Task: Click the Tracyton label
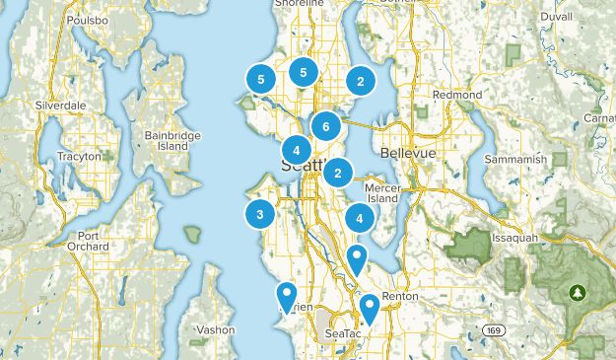[x=80, y=156]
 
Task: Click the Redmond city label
[x=457, y=95]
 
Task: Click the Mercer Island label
[x=380, y=191]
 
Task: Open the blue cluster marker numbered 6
[x=326, y=126]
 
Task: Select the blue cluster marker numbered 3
[x=260, y=213]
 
